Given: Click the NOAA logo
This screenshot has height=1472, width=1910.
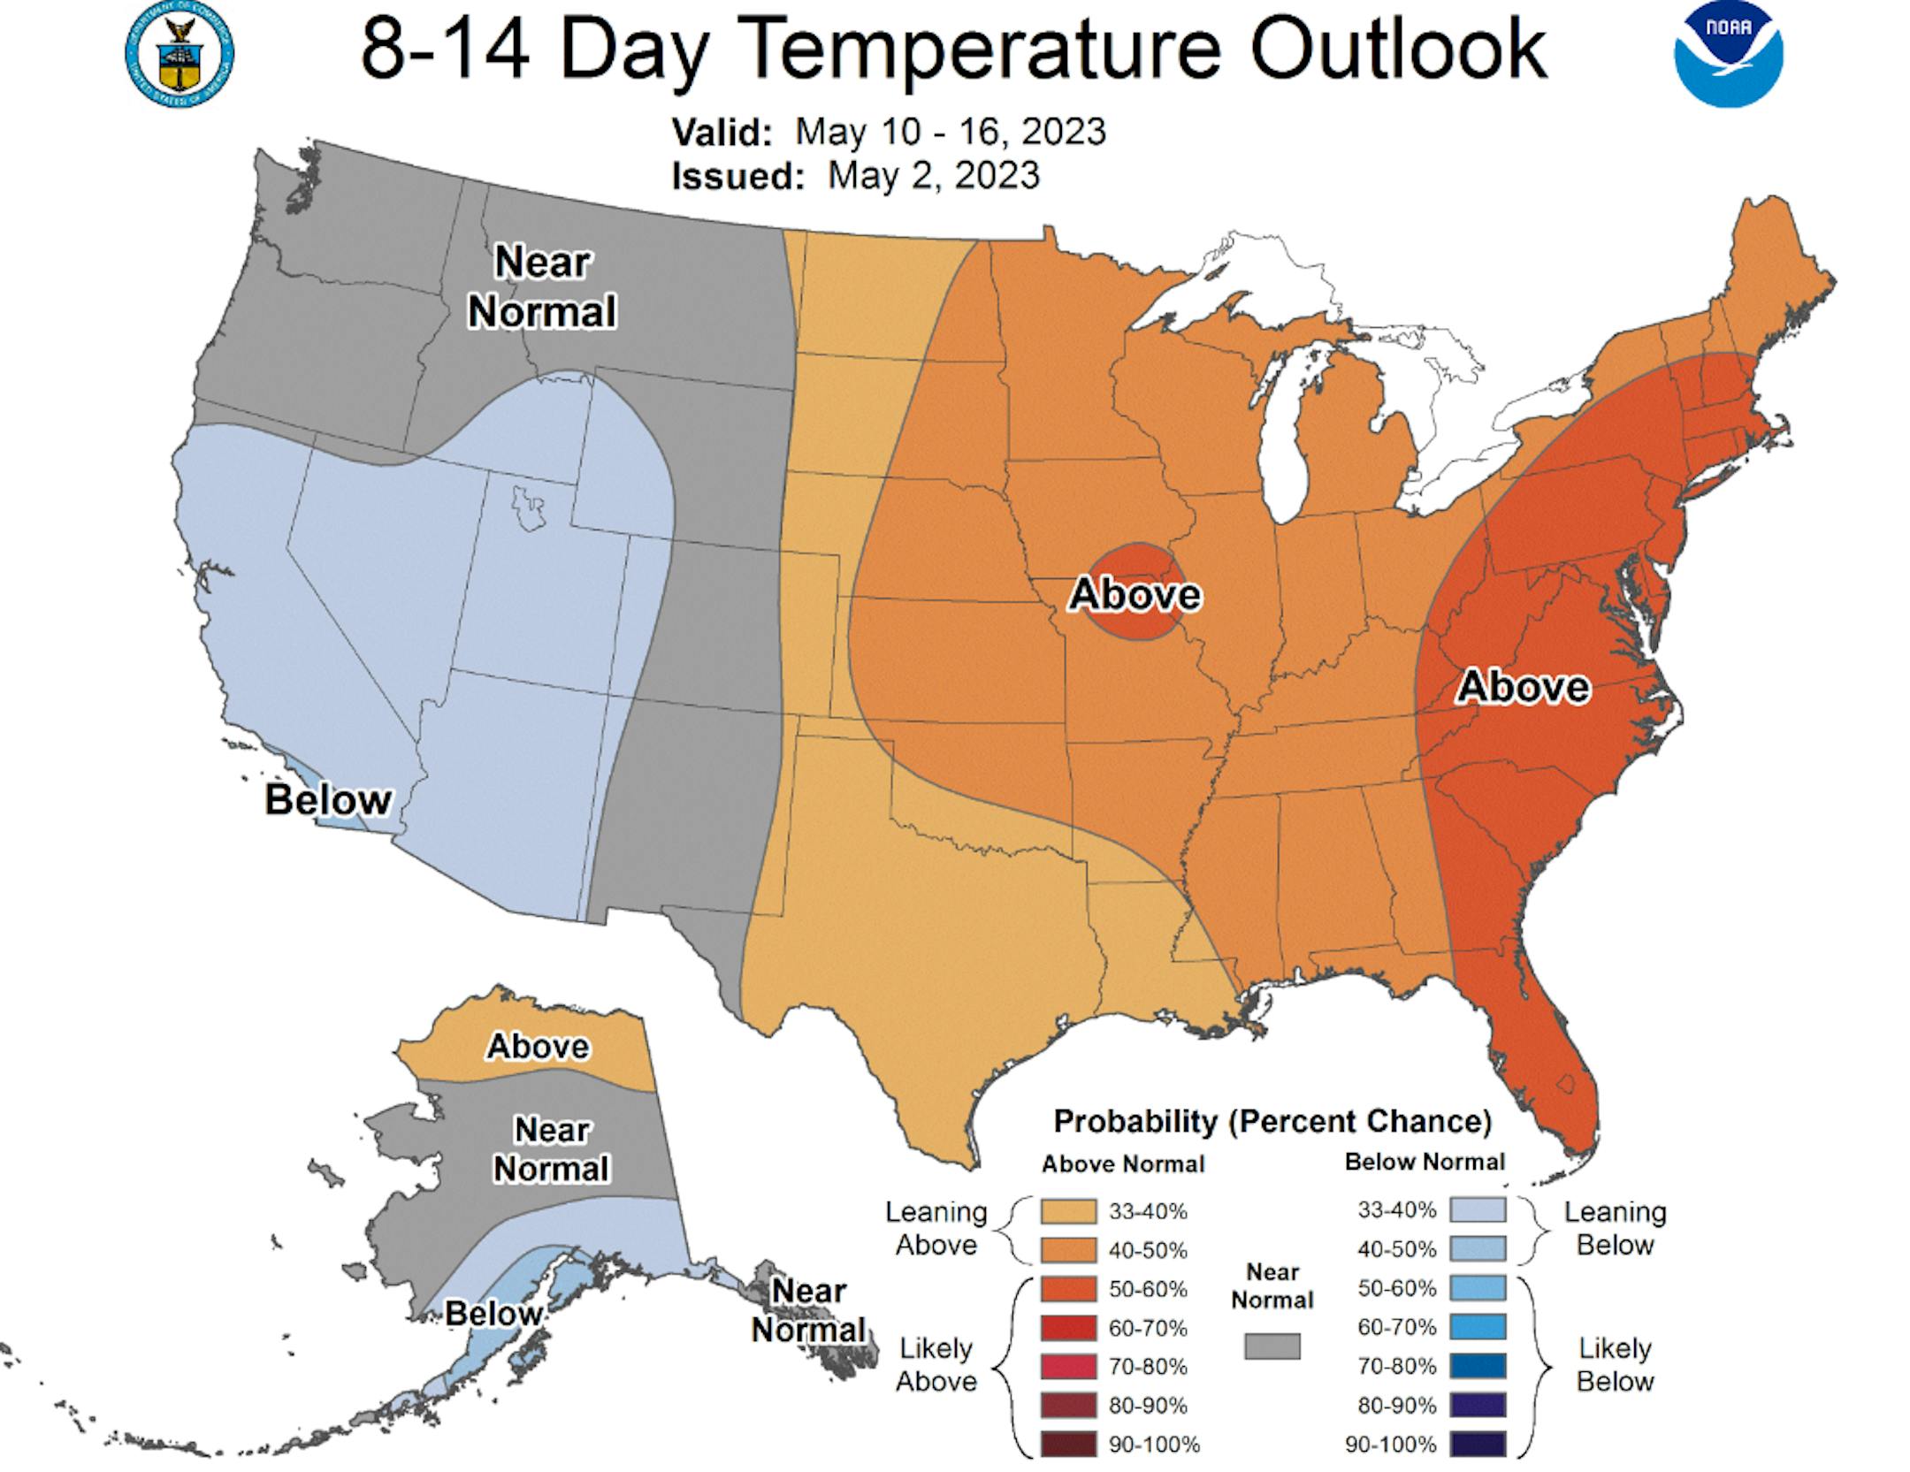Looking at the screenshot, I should tap(1727, 55).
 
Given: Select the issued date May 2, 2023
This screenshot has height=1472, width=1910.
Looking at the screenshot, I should tap(933, 175).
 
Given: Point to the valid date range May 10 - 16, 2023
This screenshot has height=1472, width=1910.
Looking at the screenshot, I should tap(951, 132).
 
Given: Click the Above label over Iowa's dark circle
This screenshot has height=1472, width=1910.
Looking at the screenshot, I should tap(1135, 593).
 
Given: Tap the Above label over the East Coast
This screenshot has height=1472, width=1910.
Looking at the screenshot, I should tap(1523, 687).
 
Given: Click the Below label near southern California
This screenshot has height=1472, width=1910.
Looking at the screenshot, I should tap(327, 800).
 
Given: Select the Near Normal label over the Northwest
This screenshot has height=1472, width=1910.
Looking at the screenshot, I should tap(541, 286).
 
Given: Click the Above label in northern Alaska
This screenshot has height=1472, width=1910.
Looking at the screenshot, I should tap(538, 1046).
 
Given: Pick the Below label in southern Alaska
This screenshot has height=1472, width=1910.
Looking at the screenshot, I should tap(493, 1314).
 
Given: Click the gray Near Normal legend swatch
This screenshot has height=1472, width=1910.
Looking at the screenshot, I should tap(1272, 1346).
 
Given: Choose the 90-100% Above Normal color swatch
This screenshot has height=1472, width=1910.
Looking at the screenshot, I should tap(1067, 1445).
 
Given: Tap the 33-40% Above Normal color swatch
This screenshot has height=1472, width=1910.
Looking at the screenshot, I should tap(1067, 1211).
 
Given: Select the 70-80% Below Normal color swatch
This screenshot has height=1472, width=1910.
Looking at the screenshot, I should tap(1477, 1366).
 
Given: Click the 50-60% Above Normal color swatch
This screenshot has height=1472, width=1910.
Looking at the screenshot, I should tap(1067, 1289).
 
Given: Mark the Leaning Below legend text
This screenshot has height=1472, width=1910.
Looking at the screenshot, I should tap(1615, 1228).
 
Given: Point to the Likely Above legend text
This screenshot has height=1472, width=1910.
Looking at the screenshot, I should tap(936, 1364).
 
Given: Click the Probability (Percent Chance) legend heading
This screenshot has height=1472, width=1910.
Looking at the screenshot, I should tap(1272, 1121).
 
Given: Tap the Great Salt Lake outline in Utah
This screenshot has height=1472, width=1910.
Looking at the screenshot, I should tap(529, 508).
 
